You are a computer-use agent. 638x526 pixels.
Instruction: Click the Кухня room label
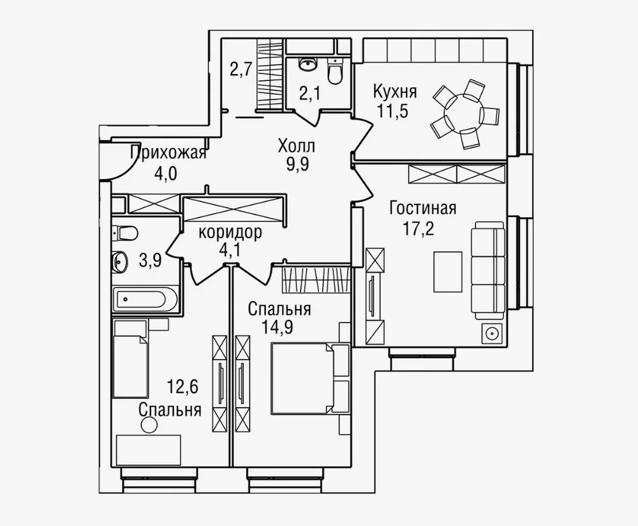(x=395, y=92)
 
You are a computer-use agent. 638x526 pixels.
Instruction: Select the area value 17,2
(x=419, y=229)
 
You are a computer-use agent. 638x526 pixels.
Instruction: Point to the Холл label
(x=297, y=146)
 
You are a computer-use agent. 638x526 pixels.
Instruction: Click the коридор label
(x=230, y=233)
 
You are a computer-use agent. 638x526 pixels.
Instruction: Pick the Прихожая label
(x=168, y=153)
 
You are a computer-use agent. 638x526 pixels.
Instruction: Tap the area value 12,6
(x=182, y=386)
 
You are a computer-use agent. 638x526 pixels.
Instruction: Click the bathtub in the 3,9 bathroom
(x=145, y=299)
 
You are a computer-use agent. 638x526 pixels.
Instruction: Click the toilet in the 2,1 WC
(x=334, y=73)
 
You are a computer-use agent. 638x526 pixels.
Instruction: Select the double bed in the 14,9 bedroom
(x=310, y=378)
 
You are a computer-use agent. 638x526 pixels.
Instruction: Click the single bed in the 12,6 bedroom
(x=130, y=359)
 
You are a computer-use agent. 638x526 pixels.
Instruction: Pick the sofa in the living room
(x=488, y=270)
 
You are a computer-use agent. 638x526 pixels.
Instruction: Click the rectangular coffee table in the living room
(x=448, y=271)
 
